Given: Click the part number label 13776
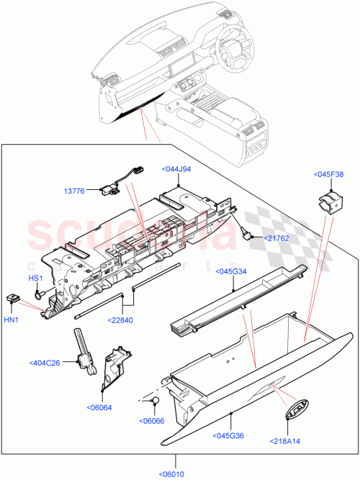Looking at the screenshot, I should [75, 191].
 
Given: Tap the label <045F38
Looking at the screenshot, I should [328, 173].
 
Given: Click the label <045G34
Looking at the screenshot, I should [232, 271].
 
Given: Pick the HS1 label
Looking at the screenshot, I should [35, 278].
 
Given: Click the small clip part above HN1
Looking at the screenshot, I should [13, 296].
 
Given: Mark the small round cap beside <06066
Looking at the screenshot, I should [153, 402].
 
